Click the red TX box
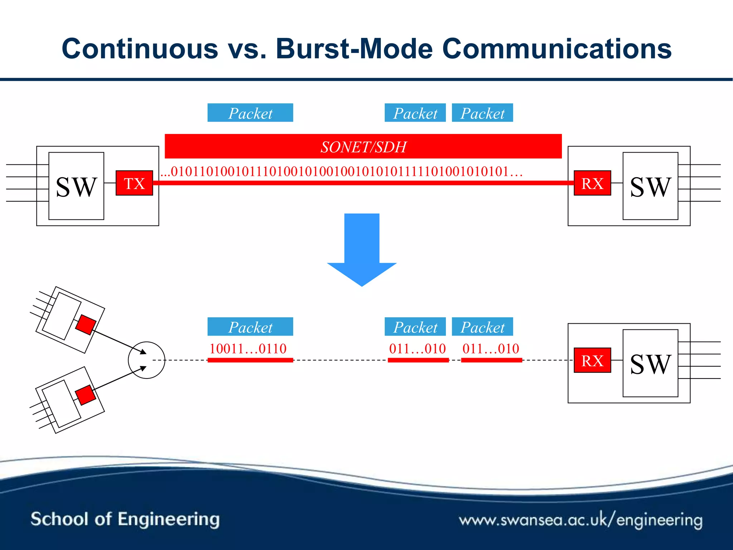(134, 183)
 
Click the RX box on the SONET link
(592, 183)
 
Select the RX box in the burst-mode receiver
(592, 360)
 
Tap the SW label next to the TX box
(76, 187)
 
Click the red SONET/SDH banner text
(363, 147)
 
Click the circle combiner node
(146, 360)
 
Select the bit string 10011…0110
(248, 348)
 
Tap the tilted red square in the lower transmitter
(86, 395)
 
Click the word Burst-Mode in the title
(354, 49)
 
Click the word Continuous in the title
(140, 49)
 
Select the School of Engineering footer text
(125, 519)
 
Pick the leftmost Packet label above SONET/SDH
(250, 113)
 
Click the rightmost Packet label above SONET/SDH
(482, 113)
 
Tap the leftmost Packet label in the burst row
(250, 327)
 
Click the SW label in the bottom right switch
(650, 364)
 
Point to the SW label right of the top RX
(650, 187)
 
